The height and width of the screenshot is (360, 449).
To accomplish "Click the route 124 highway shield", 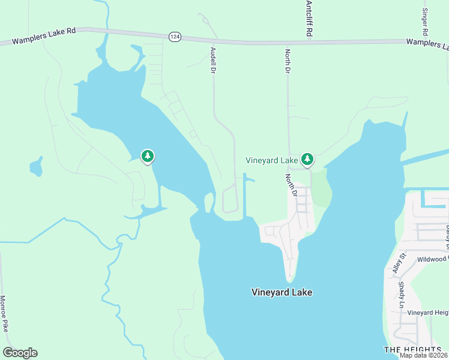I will click(174, 37).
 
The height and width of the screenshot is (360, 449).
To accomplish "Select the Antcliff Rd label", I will click(309, 19).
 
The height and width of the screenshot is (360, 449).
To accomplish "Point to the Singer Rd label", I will click(425, 21).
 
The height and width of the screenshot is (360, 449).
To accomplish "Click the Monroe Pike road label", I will click(5, 314).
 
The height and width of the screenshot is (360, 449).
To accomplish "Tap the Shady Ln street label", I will click(401, 295).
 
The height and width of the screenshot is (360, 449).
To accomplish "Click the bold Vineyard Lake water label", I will click(282, 293).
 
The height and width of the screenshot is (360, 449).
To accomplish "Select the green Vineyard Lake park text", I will click(272, 160).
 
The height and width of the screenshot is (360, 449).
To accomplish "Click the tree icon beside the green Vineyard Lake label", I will click(307, 159).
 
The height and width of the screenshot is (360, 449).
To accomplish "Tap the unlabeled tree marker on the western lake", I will click(147, 157).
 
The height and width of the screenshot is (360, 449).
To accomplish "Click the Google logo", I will click(20, 353).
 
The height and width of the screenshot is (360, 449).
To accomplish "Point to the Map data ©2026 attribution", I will click(424, 355).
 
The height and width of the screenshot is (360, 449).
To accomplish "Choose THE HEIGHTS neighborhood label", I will click(412, 349).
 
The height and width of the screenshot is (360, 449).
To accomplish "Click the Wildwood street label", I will click(427, 259).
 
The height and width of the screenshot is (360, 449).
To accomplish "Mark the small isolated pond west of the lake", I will click(37, 167).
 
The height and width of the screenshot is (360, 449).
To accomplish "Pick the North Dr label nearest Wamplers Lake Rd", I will click(288, 61).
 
